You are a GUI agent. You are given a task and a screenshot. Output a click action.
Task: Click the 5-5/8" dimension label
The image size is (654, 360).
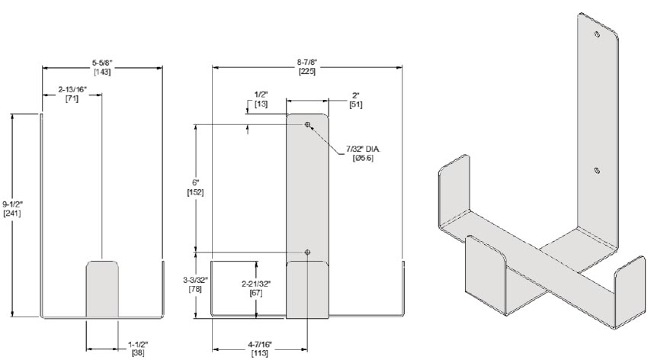point(102,63)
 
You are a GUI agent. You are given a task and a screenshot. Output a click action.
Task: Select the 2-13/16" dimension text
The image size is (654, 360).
point(72,90)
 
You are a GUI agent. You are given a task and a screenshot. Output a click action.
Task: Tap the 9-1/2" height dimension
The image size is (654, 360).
point(12,204)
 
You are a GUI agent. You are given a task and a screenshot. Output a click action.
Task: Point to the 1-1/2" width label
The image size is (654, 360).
point(138,345)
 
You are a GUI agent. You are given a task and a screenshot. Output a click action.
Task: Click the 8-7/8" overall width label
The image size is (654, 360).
point(307,63)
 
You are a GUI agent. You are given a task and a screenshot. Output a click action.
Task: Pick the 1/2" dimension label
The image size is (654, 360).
point(261,95)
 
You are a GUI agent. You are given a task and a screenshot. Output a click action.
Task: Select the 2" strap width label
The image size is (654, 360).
point(356,95)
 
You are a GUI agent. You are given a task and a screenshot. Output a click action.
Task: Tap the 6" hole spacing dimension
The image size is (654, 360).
point(196,183)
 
